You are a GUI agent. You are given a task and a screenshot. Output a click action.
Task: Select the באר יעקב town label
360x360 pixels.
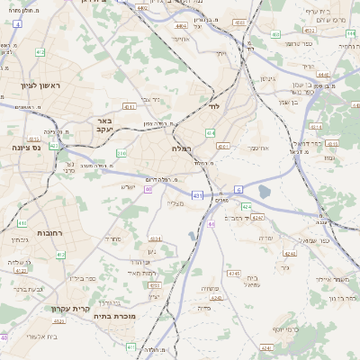coord(103,124)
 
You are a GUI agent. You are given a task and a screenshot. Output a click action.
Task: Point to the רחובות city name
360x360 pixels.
coord(49,232)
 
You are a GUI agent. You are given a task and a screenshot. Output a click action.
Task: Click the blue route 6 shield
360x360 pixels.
coord(238,189)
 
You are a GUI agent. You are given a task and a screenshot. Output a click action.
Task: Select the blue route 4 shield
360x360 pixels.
coord(17,24)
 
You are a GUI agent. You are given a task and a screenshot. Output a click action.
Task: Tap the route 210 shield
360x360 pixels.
coord(121,154)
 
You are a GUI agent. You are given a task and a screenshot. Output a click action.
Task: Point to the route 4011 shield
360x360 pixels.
coord(223,147)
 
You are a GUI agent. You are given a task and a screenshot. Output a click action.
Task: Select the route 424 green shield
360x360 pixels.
coord(246,207)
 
